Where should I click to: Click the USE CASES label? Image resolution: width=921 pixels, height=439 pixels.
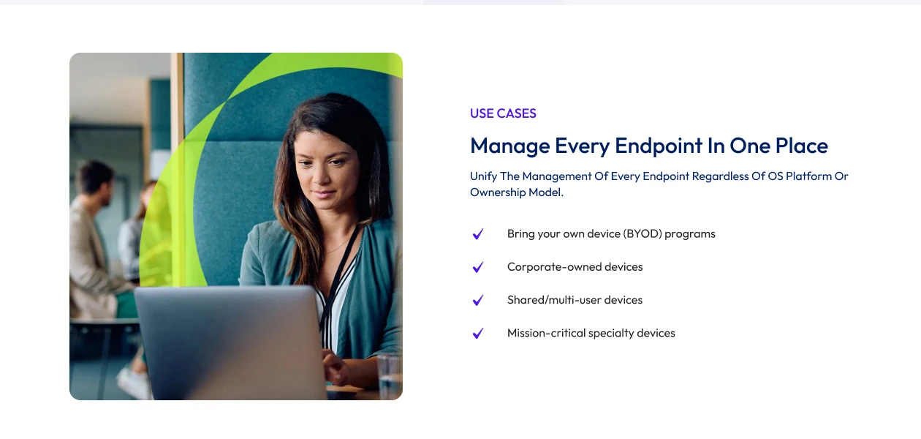[x=503, y=113]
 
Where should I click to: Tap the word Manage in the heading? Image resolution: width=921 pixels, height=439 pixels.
[x=509, y=146]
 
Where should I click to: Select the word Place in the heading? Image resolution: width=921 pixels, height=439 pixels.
[x=801, y=146]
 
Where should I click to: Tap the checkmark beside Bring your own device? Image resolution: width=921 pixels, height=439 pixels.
[x=478, y=234]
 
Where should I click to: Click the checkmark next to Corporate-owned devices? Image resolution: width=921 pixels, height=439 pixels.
[x=478, y=267]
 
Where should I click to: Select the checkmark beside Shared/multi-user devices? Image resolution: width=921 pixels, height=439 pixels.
[x=478, y=300]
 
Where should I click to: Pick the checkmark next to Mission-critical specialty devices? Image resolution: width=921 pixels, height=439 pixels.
[x=478, y=333]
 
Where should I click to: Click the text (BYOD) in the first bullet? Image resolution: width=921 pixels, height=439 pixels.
[x=642, y=234]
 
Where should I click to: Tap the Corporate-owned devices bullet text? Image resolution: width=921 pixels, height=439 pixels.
[x=575, y=267]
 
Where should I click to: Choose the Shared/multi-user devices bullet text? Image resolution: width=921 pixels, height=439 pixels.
[x=575, y=300]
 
